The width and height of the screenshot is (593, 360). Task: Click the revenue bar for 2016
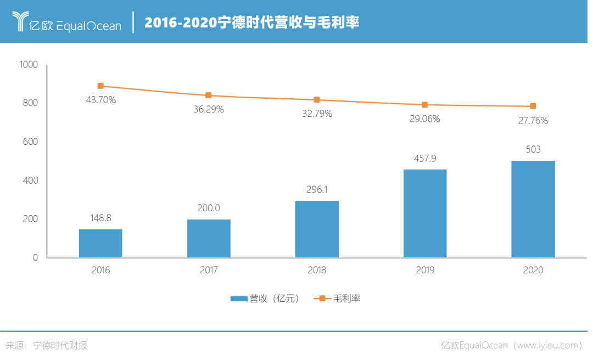(x=100, y=243)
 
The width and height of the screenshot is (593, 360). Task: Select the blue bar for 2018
(x=317, y=229)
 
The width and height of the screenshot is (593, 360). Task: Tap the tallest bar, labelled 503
(x=533, y=209)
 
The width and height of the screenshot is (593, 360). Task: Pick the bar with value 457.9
(x=424, y=213)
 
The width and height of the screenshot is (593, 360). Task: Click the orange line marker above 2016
(x=100, y=86)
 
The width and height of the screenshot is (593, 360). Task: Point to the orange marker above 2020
(x=533, y=106)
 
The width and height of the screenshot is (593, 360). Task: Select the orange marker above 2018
(x=317, y=99)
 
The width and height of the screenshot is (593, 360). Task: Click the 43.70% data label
(x=100, y=100)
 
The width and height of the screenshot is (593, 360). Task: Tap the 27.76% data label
(x=533, y=121)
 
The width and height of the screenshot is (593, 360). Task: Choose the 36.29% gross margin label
(x=209, y=110)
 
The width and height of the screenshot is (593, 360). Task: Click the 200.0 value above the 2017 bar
(x=209, y=208)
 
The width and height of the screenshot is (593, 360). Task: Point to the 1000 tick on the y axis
(x=29, y=65)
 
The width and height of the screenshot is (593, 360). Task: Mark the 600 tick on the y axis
(x=31, y=142)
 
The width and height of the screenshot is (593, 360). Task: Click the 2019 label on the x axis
(x=425, y=271)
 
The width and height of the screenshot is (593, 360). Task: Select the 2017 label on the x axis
(x=209, y=271)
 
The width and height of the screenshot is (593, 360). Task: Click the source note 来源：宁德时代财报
(x=46, y=346)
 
